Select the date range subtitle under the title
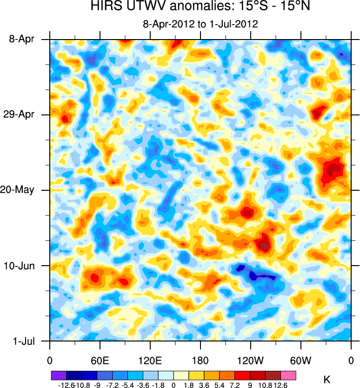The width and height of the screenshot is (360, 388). pos(200,23)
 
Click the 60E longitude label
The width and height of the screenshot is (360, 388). pos(100,361)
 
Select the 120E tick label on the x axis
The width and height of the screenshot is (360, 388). pos(150,361)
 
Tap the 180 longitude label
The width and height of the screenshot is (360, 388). pos(200,361)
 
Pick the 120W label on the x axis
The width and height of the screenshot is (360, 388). pos(250,361)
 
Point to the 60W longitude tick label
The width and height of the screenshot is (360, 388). pos(300,361)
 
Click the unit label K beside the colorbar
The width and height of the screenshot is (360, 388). pos(327,380)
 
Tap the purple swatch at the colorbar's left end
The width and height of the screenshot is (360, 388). pos(59,375)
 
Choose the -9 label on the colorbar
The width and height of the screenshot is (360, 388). pos(97,385)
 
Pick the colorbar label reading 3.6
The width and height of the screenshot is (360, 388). pos(204,385)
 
